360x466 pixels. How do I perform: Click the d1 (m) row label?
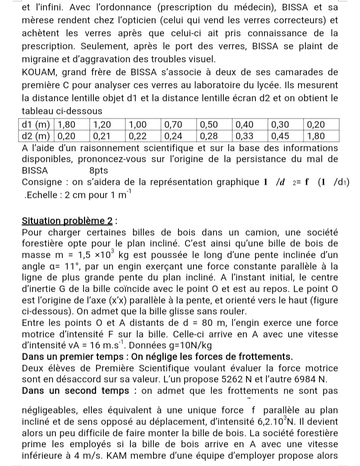pos(36,124)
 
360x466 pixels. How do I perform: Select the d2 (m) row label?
pos(36,135)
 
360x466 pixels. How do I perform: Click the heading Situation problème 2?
pos(68,221)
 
